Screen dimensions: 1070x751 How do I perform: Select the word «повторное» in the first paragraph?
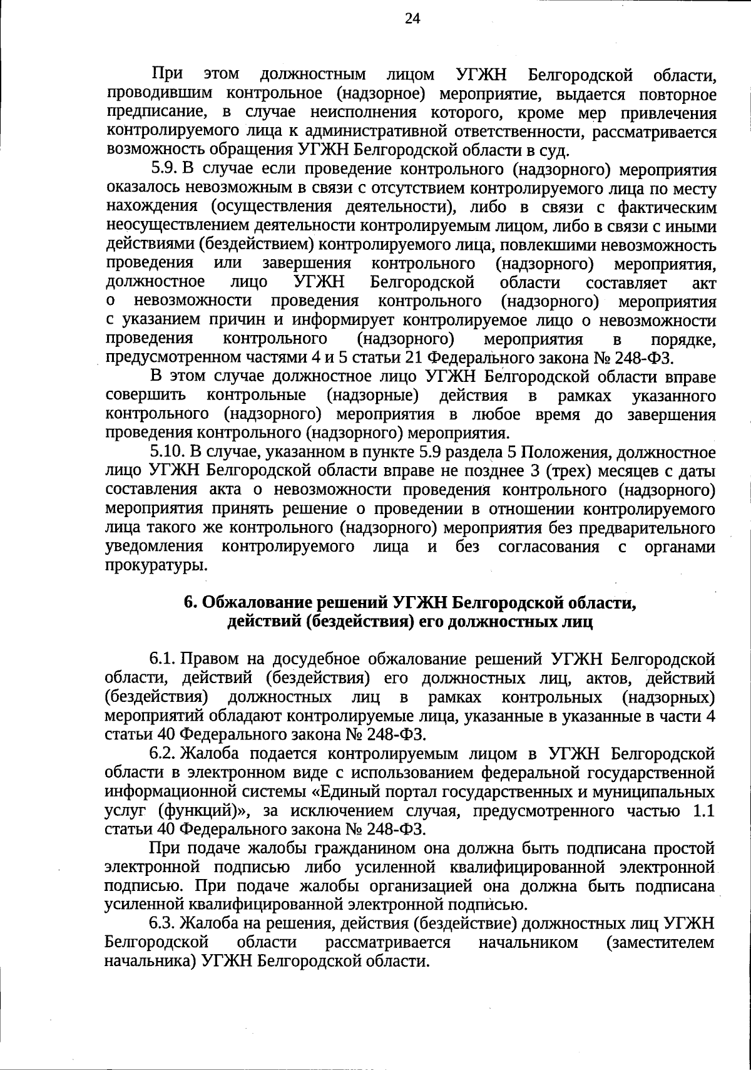click(x=675, y=95)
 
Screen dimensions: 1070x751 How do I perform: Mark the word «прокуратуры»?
click(x=156, y=565)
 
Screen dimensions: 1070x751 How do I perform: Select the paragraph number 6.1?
click(x=161, y=659)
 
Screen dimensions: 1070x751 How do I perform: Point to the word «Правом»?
click(x=210, y=659)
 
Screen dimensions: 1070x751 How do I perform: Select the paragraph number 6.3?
click(x=161, y=923)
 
